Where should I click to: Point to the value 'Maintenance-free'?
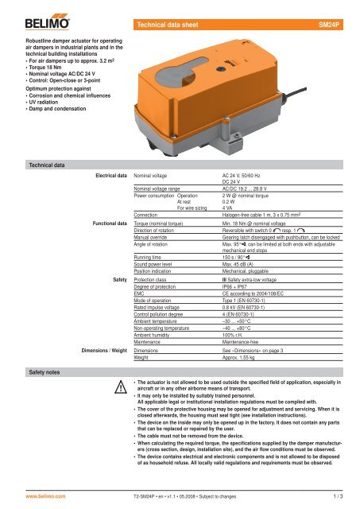point(247,341)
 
